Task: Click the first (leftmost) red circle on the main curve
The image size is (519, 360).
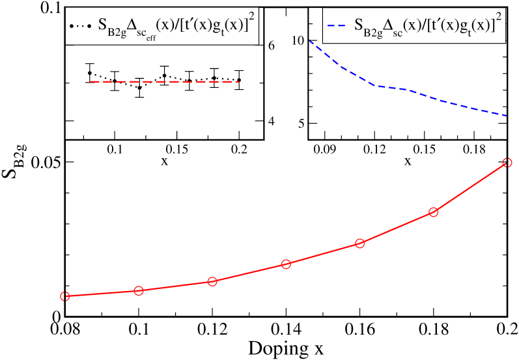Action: pos(64,296)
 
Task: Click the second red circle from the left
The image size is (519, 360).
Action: pos(138,290)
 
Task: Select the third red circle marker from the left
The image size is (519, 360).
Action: pos(212,281)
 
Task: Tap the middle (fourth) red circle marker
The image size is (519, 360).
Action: pos(286,264)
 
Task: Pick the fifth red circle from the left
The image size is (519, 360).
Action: pos(359,243)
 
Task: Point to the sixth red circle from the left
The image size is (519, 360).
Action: pos(433,212)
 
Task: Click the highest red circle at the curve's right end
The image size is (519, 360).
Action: pos(507,163)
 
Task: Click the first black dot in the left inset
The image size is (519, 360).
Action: pos(89,73)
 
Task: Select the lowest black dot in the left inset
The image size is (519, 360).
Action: pos(139,87)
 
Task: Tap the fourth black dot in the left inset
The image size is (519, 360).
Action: pos(165,76)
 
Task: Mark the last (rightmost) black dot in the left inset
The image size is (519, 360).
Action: pos(240,80)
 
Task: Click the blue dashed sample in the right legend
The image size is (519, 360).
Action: pos(337,26)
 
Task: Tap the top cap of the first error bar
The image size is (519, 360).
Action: pos(89,63)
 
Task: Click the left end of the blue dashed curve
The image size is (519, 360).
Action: pos(308,40)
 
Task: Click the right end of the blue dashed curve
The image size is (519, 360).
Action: pos(506,115)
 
